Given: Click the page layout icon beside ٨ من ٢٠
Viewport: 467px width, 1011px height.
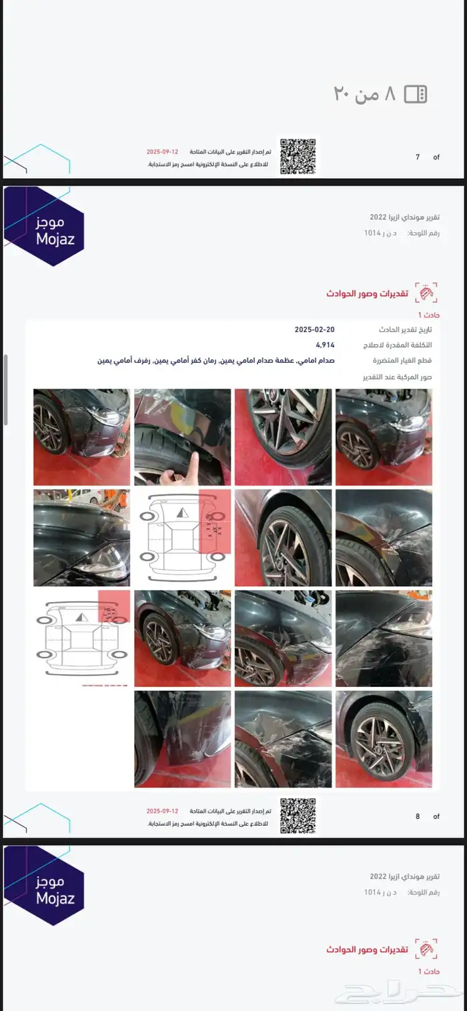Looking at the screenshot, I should [415, 94].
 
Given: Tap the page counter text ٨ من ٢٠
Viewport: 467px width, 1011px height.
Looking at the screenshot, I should [365, 94].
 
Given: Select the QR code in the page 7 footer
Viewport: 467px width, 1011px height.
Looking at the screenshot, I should [298, 157].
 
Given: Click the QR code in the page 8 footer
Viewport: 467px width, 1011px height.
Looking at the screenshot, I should [298, 816].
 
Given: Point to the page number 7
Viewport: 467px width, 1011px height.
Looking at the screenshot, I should [418, 157].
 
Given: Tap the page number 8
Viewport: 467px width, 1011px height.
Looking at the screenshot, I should [418, 816].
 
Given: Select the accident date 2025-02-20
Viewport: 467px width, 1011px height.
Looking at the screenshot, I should [314, 330].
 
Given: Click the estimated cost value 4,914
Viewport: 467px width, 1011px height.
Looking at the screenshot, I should [325, 345].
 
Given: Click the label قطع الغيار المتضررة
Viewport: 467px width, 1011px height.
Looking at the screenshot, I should [403, 361].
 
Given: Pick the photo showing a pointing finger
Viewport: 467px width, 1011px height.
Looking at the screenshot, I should [182, 437].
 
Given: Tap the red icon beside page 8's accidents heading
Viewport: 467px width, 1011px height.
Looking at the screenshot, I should [426, 293].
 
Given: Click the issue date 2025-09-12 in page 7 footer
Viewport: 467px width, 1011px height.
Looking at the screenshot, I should [162, 152].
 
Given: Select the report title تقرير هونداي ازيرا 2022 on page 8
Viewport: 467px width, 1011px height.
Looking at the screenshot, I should [405, 217].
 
